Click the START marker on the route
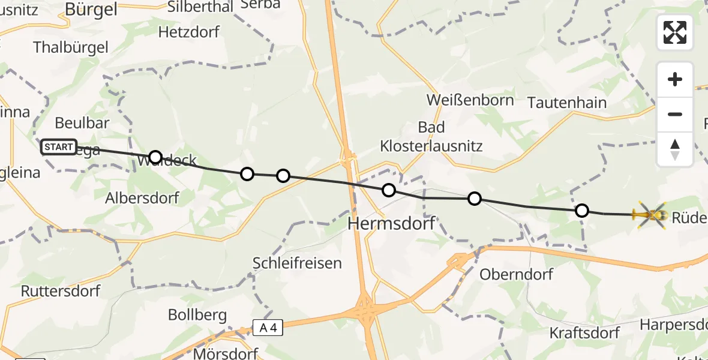[x=59, y=146]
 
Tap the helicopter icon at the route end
[x=650, y=214]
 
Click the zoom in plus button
[x=675, y=80]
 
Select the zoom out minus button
[x=675, y=114]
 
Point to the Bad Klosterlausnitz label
[x=431, y=136]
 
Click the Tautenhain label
[x=567, y=103]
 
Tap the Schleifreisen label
[x=297, y=263]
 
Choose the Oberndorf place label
[x=516, y=274]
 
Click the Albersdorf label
[x=142, y=197]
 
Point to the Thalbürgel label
[x=71, y=47]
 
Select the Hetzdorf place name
[x=189, y=32]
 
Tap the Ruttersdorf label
[x=59, y=291]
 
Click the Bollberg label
[x=197, y=314]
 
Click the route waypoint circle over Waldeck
[x=155, y=157]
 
